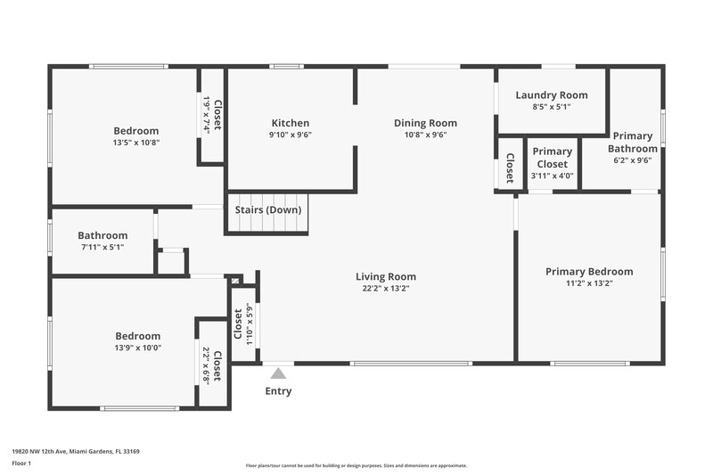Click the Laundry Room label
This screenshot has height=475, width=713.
coord(553,95)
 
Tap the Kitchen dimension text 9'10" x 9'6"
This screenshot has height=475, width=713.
coord(291,135)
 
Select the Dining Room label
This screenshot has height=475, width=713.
coord(425,123)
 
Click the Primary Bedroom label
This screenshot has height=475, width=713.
coord(589,272)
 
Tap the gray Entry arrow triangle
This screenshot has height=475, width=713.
coord(278,373)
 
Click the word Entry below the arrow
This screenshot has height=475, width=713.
coord(278,391)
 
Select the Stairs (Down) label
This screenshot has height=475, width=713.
coord(268,210)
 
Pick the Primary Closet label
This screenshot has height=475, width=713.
coord(553,158)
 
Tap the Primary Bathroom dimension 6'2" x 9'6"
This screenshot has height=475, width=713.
coord(633,161)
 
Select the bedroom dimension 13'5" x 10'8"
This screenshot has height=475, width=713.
coord(136,143)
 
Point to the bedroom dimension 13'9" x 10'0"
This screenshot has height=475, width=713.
coord(138,348)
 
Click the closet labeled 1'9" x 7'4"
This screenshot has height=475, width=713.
coord(211,115)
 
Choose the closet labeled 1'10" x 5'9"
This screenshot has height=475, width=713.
coord(242,324)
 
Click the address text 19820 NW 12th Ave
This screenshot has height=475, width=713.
coord(75,452)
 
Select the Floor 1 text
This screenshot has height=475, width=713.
coord(21,463)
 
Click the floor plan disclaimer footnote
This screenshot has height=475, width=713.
coord(356,465)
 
